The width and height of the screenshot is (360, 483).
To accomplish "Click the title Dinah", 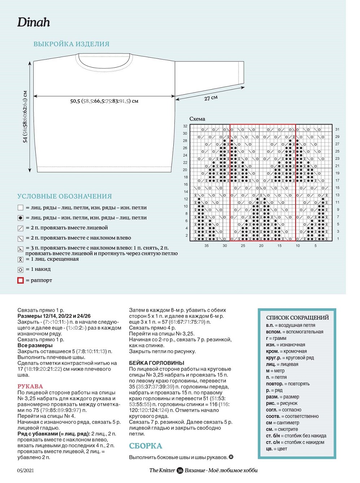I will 34,22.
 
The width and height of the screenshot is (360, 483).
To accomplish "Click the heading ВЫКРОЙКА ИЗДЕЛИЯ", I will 71,44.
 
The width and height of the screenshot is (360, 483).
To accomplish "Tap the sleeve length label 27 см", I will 211,98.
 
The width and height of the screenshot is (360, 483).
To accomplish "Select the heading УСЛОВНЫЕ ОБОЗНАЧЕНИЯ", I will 65,196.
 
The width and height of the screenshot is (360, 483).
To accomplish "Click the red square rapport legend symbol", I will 21,280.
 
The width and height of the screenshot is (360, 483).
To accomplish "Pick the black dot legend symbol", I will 21,218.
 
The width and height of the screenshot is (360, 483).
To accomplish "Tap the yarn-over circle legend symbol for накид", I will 21,269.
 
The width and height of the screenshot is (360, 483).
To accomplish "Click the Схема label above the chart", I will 197,119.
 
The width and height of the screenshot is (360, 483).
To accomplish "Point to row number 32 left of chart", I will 185,126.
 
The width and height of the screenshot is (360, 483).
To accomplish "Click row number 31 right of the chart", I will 337,129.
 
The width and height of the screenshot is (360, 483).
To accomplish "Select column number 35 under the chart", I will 207,246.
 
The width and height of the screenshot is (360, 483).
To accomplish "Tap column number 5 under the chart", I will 316,246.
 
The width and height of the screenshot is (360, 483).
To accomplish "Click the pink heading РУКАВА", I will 30,386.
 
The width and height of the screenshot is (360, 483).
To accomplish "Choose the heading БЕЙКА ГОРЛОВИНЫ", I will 157,363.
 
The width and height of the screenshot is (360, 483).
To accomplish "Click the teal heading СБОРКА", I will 146,446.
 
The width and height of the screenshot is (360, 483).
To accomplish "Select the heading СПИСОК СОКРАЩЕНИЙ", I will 297,318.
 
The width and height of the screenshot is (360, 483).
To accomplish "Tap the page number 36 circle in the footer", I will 180,470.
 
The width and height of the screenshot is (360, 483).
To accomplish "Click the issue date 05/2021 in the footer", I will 25,470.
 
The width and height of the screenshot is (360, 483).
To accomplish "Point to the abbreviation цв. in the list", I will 269,449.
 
